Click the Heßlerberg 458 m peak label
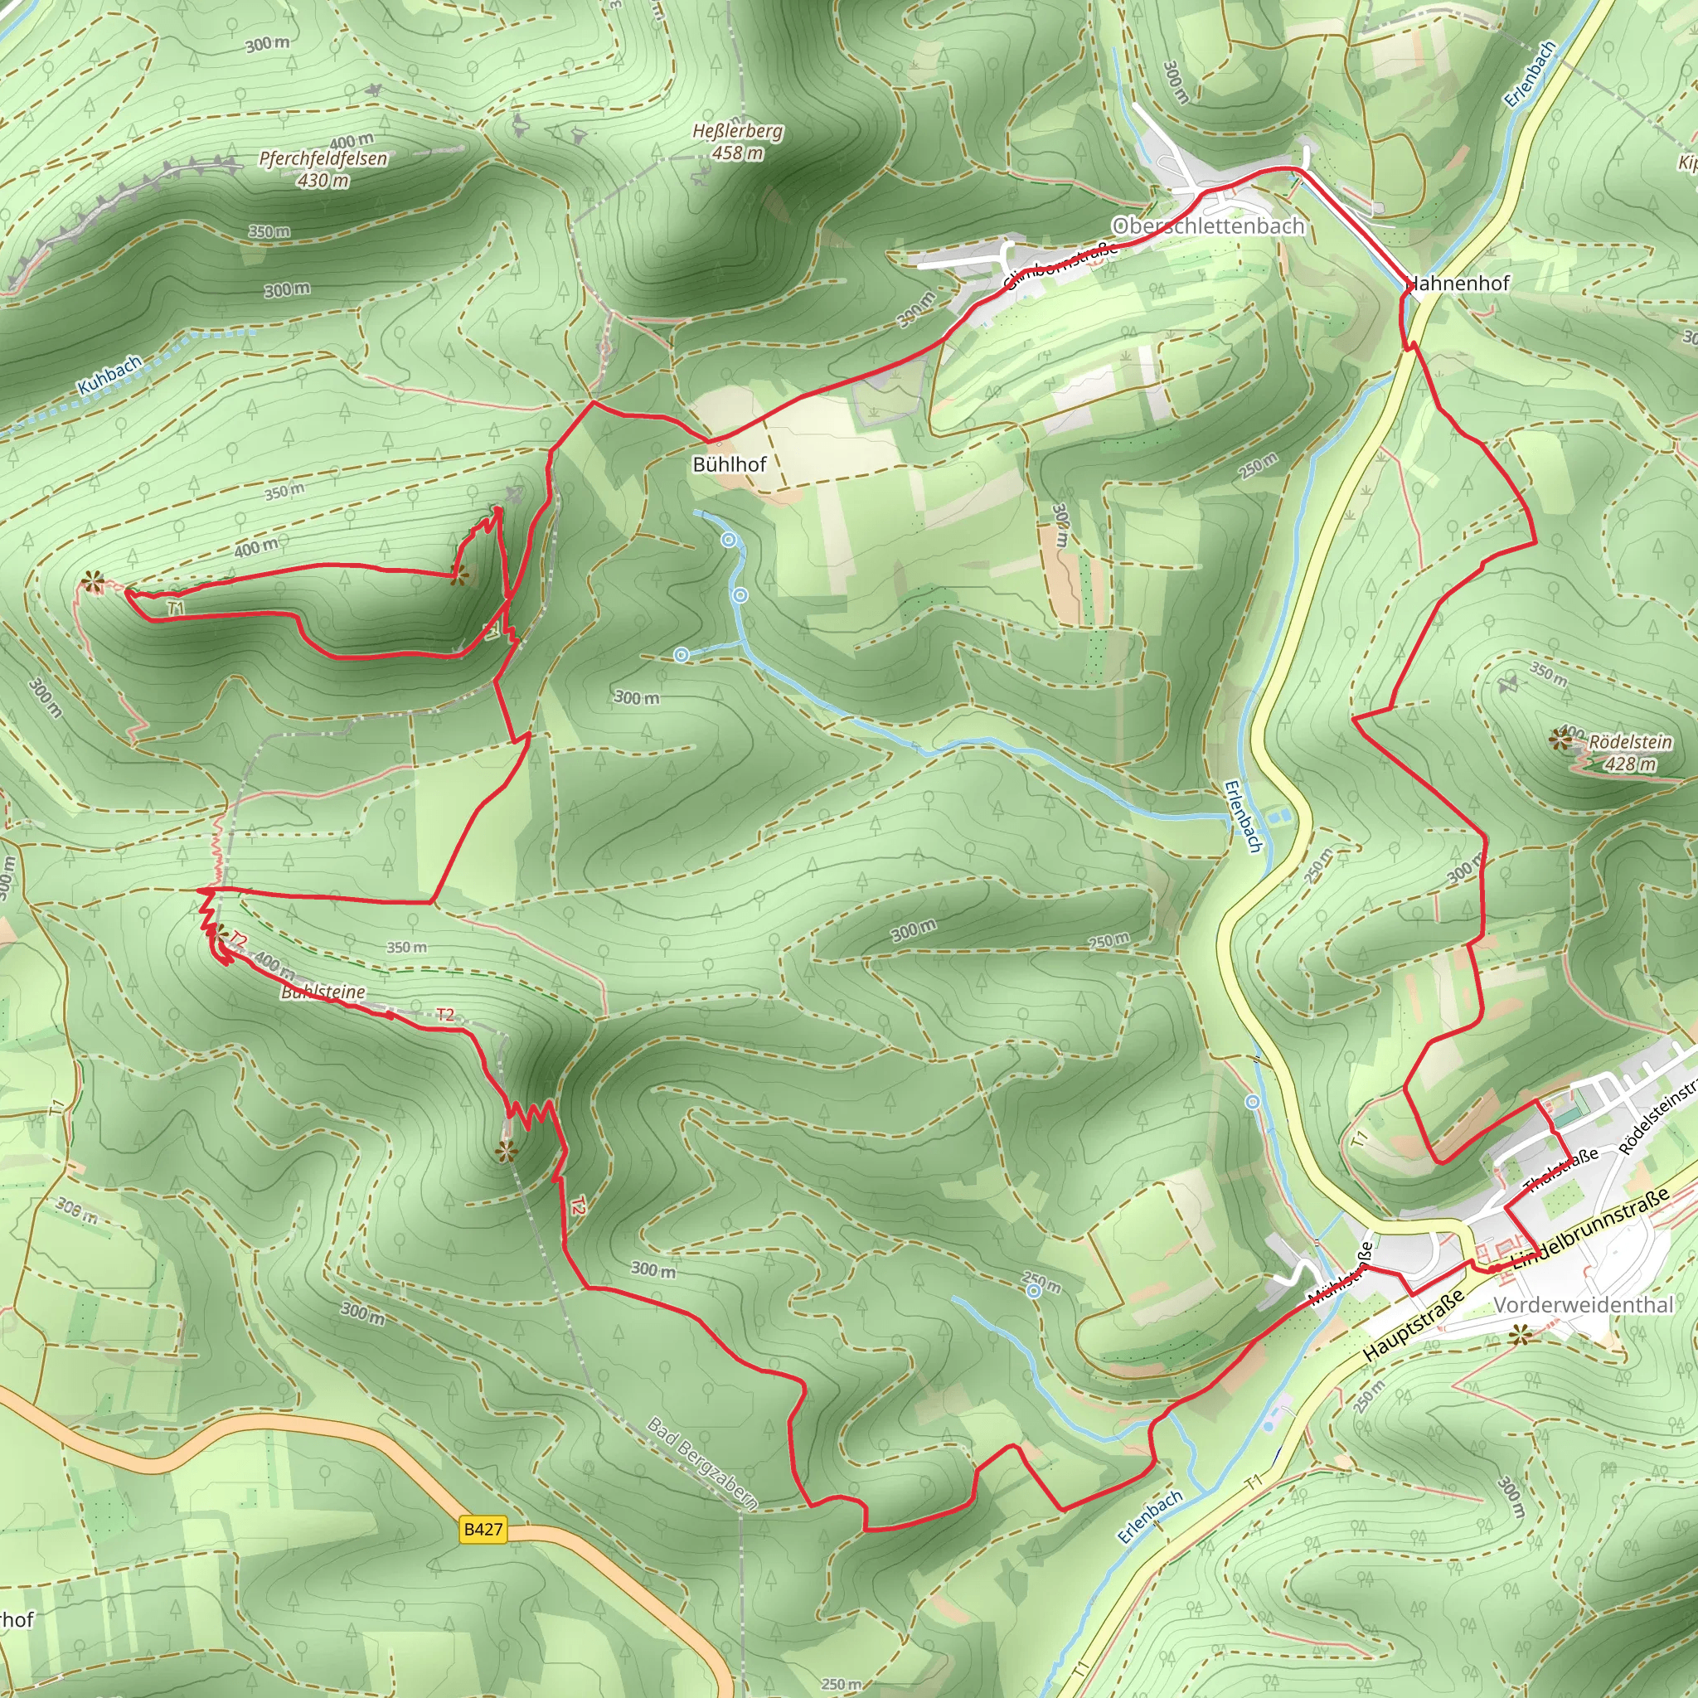737,142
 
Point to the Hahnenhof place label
1458,283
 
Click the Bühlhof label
730,464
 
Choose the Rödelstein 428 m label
1629,752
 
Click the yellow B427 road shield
483,1529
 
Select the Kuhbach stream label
110,376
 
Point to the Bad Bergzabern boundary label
702,1463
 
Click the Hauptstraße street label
1415,1327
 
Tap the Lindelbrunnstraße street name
1590,1228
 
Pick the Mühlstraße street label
1341,1273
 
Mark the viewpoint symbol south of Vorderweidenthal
1520,1337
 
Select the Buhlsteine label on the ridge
323,992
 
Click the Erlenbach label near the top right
1531,75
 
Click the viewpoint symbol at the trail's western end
91,581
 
